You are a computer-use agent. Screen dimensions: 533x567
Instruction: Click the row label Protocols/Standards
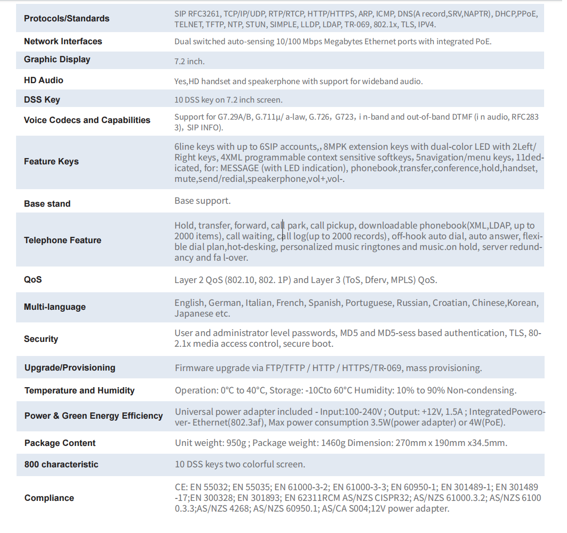(x=66, y=18)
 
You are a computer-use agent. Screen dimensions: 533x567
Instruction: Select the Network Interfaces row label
(x=63, y=41)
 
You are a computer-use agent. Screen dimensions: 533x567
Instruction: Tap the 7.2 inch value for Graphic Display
(x=189, y=61)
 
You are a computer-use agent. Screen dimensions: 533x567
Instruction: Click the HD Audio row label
(x=43, y=80)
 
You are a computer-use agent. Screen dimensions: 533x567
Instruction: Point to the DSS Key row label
(x=42, y=100)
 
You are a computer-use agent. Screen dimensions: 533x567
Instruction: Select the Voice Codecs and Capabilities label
(x=87, y=120)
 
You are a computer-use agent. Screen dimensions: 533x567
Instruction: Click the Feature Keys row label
(x=51, y=161)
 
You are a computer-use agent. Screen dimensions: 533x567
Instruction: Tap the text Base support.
(x=202, y=201)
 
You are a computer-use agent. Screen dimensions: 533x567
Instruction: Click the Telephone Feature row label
(x=62, y=240)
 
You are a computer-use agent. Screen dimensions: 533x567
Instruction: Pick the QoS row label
(x=33, y=280)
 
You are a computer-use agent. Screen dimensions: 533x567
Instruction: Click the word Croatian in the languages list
(x=451, y=303)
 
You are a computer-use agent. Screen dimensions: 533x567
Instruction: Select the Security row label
(x=41, y=339)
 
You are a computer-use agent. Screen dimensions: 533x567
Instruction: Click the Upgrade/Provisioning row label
(x=70, y=368)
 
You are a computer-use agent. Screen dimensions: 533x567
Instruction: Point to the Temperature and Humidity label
(x=79, y=391)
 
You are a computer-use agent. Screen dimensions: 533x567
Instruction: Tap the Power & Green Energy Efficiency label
(x=94, y=416)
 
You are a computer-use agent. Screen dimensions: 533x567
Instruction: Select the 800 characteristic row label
(x=61, y=464)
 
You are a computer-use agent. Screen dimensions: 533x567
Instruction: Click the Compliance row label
(x=49, y=498)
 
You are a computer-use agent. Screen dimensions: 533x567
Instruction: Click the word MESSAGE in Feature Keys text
(x=239, y=168)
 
